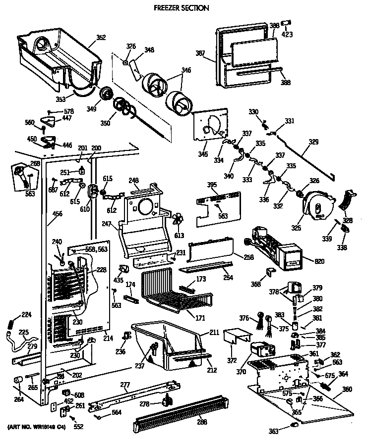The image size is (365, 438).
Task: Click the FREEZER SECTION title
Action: [x=181, y=8]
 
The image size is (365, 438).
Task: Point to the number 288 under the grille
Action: [x=202, y=422]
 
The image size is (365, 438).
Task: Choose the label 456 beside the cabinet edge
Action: [x=44, y=215]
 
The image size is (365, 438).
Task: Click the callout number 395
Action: [x=212, y=185]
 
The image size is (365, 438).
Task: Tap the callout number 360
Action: [x=347, y=389]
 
